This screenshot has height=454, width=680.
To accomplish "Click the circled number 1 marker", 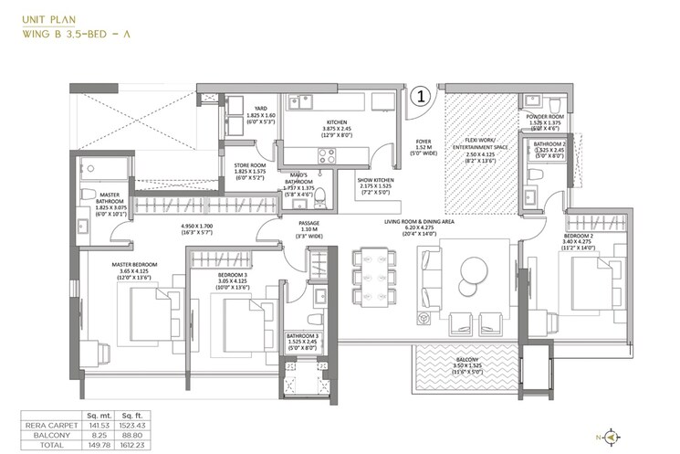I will click(x=421, y=95).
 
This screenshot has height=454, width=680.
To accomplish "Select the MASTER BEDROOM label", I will click(x=134, y=264).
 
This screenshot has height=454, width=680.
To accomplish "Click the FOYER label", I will click(x=424, y=143).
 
